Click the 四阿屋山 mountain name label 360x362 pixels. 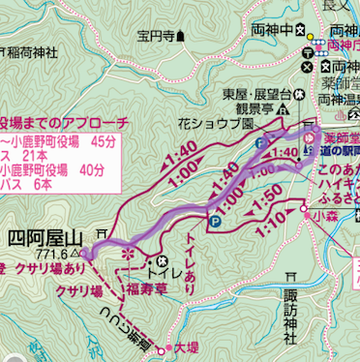point(45,236)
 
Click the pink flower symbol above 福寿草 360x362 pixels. point(126,256)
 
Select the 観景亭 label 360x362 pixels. point(238,109)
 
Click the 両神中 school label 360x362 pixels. point(270,28)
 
